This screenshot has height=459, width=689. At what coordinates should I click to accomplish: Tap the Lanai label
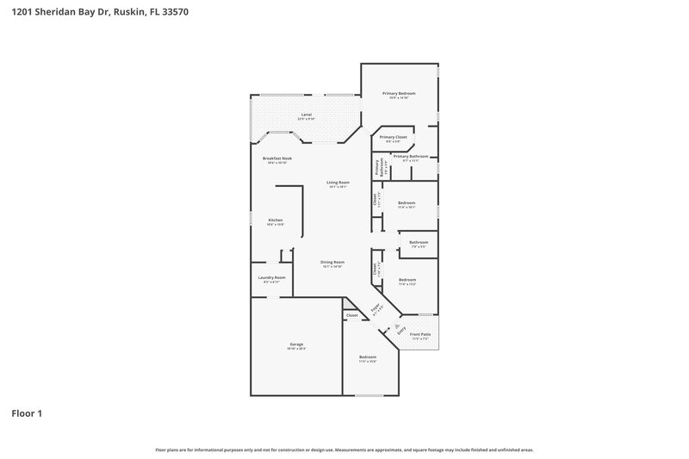coord(306,115)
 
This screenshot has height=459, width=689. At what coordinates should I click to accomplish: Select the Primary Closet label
coord(393,137)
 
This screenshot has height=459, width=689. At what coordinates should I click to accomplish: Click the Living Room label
coord(337,182)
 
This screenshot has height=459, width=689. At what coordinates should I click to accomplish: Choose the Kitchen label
coord(275,220)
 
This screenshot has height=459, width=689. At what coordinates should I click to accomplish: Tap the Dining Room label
coord(332,262)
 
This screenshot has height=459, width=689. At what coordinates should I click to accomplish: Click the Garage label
coord(295,344)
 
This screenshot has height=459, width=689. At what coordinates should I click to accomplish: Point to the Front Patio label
coord(421,335)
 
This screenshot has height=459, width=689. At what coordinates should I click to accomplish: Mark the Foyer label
coord(376,307)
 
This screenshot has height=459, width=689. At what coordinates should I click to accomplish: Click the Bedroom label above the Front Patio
coord(407,280)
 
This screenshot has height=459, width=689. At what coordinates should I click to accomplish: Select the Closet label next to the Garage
coord(351,316)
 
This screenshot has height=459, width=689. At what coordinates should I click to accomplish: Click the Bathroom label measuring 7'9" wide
coord(419,243)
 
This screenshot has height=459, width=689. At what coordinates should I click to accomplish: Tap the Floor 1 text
coord(27,413)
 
